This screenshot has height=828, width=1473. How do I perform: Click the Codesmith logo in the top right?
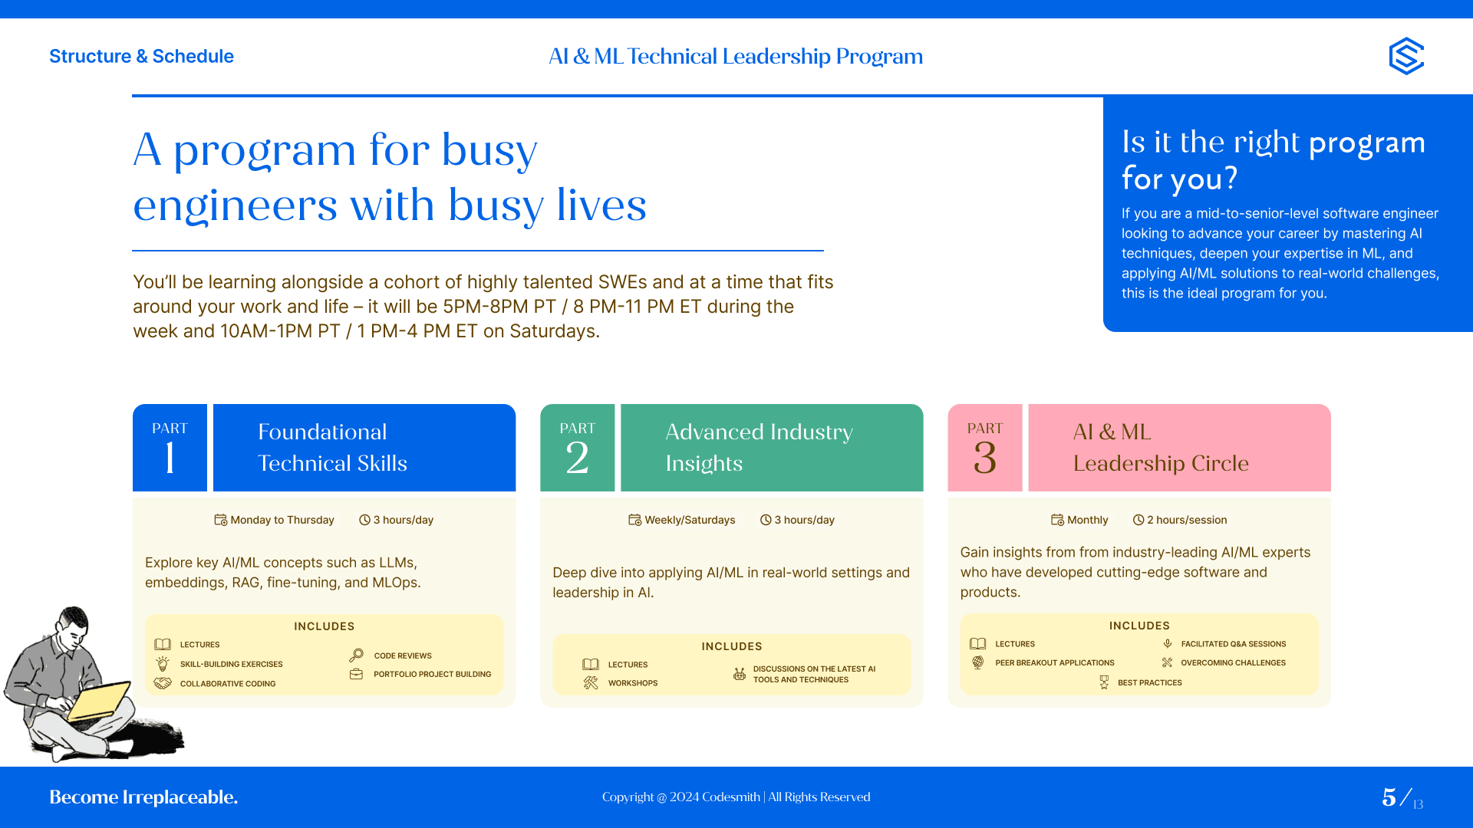point(1406,56)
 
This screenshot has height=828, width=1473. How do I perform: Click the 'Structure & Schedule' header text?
point(141,56)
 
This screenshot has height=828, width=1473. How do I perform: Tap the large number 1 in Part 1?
point(170,458)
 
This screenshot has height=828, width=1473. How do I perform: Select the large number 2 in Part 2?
point(577,458)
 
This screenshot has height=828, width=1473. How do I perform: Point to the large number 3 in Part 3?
point(985,458)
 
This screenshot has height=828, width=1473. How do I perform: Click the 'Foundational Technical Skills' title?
point(332,448)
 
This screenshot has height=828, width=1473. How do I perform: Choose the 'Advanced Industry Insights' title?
point(759,448)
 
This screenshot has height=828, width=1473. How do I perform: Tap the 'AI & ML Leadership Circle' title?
point(1161,448)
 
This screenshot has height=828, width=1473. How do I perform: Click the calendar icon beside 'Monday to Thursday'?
point(220,520)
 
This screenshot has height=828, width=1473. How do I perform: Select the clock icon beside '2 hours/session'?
point(1139,520)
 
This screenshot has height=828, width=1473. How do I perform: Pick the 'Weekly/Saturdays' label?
point(690,520)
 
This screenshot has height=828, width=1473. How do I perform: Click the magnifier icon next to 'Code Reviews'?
point(356,655)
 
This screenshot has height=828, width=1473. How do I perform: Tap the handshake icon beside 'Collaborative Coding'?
point(163,683)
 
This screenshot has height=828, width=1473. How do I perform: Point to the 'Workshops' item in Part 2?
point(633,683)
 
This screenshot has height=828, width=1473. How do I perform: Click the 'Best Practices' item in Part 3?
point(1149,682)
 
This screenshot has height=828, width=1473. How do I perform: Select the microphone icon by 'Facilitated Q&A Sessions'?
point(1167,644)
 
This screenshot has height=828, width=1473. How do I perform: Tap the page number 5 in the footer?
point(1389,797)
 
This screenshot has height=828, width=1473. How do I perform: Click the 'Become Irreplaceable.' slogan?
point(143,797)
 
